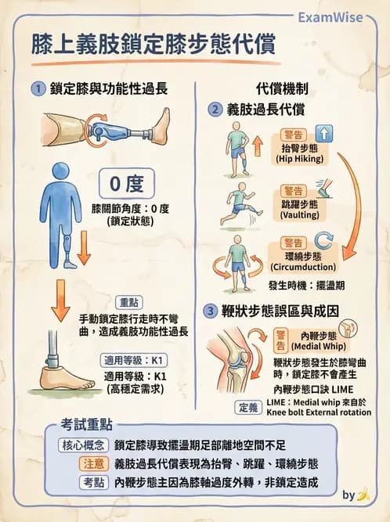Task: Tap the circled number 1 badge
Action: pos(37,89)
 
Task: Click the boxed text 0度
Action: pos(126,185)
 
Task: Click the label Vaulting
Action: pos(302,214)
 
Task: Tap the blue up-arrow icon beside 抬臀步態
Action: pos(324,133)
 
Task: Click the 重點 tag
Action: pos(128,303)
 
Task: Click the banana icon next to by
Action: pos(363,495)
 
